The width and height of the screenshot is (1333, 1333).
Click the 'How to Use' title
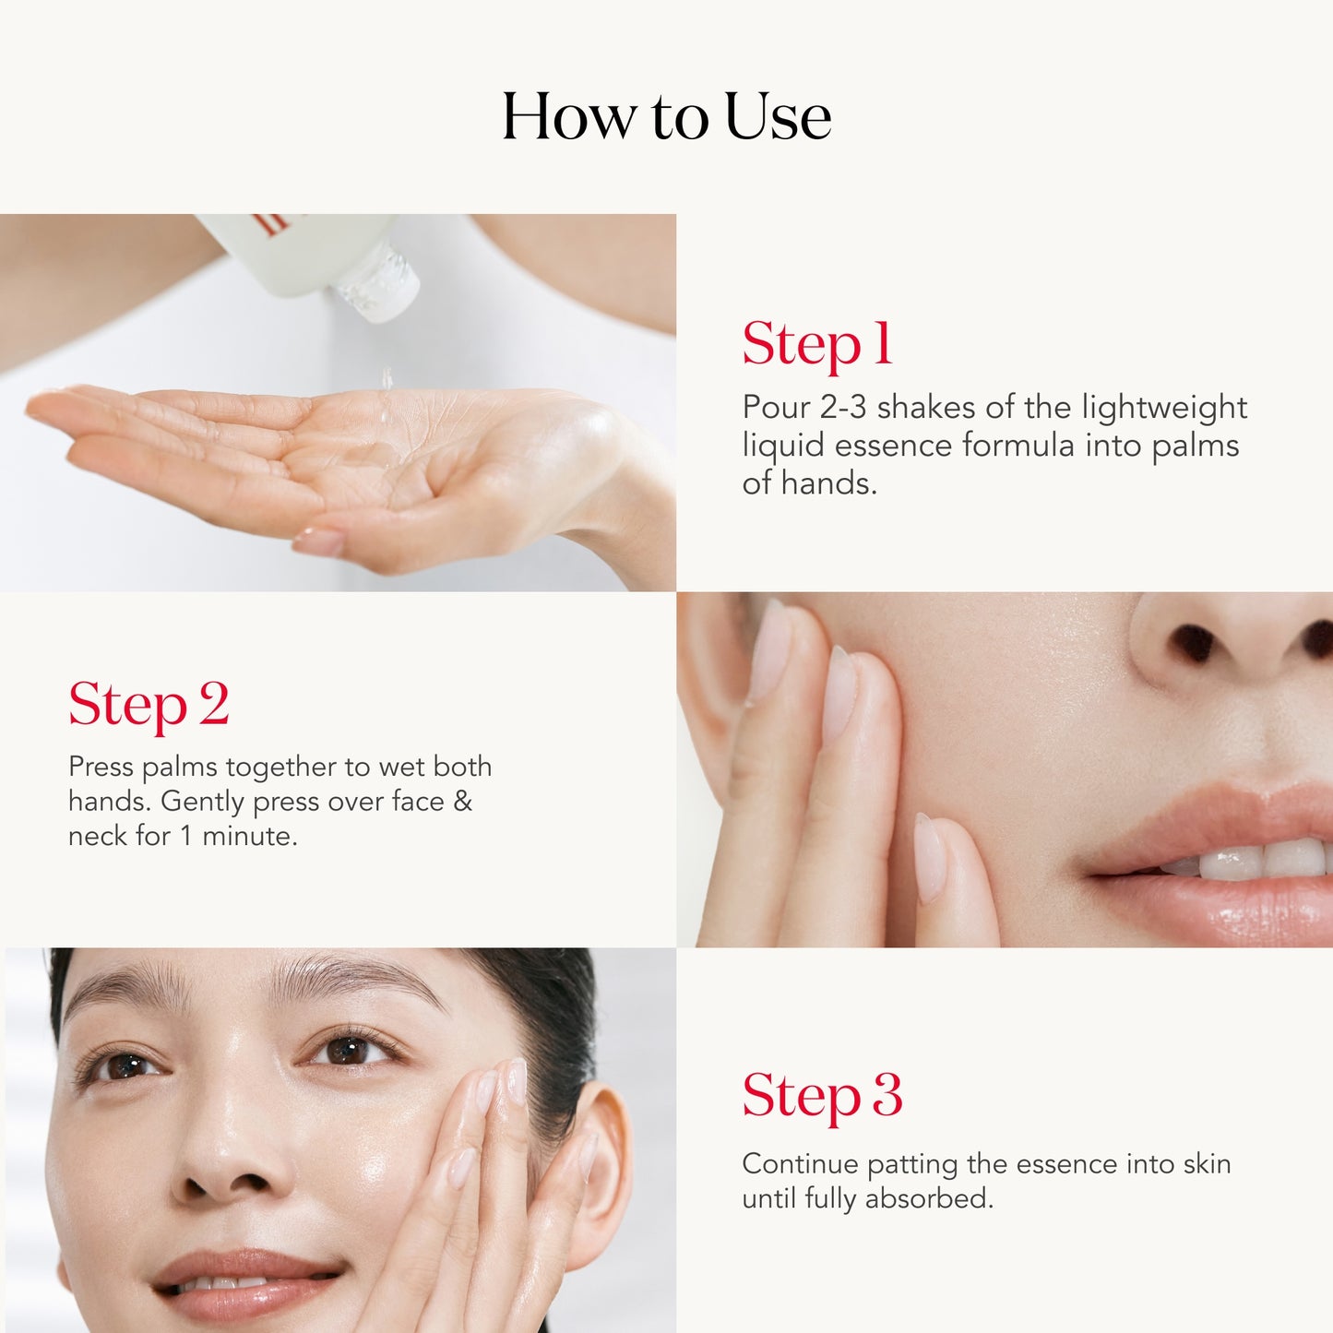point(666,117)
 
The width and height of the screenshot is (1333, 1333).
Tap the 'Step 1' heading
point(817,344)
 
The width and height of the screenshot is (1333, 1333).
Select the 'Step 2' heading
point(149,705)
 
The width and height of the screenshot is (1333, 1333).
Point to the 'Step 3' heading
point(822,1096)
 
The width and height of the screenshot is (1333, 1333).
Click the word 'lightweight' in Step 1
point(1164,408)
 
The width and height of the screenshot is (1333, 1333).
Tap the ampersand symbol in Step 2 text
point(463,801)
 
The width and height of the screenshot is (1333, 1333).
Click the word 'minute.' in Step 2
point(250,836)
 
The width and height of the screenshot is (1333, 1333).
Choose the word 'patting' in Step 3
point(912,1164)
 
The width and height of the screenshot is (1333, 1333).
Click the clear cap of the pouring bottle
point(378,281)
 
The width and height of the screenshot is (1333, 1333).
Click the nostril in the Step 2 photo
point(1193,644)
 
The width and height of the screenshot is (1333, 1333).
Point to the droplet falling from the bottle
point(387,378)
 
